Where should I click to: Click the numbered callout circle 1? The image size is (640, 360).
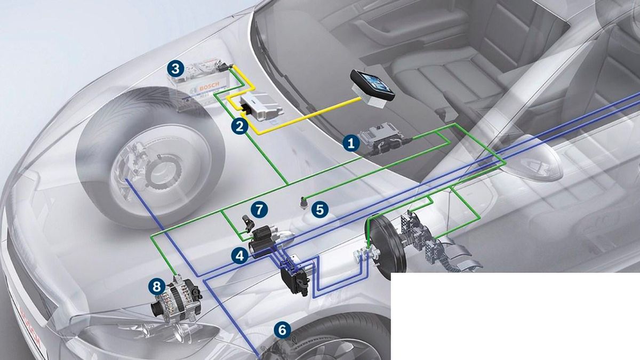pos(350,143)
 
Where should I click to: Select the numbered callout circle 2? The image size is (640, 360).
pos(239,126)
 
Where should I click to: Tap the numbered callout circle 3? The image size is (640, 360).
pos(175,68)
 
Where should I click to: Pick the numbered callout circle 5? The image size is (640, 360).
pos(319,209)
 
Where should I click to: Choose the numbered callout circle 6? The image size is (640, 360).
pos(283,330)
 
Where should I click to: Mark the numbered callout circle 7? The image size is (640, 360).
pos(259,209)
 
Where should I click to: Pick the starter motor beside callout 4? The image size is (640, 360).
pos(267,240)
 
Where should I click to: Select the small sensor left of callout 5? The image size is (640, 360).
pos(303,202)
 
